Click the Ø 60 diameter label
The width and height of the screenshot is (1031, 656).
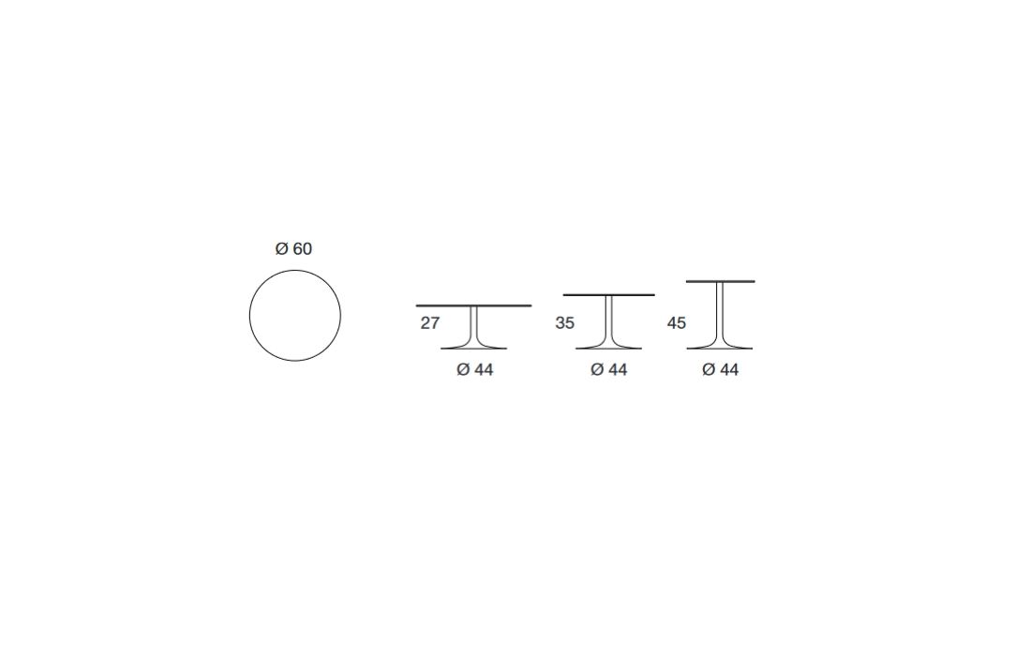click(293, 249)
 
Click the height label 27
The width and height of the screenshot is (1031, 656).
click(429, 323)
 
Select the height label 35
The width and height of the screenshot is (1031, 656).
click(565, 323)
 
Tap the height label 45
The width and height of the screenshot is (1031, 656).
click(677, 323)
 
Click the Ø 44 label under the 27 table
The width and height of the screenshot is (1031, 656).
click(475, 370)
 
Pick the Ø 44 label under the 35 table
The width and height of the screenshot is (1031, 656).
click(609, 370)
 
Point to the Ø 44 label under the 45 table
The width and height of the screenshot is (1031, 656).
click(721, 370)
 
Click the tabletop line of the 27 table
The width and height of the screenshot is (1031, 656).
click(473, 306)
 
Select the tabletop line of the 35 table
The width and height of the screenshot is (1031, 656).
click(609, 295)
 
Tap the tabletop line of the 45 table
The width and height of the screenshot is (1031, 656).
click(721, 281)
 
